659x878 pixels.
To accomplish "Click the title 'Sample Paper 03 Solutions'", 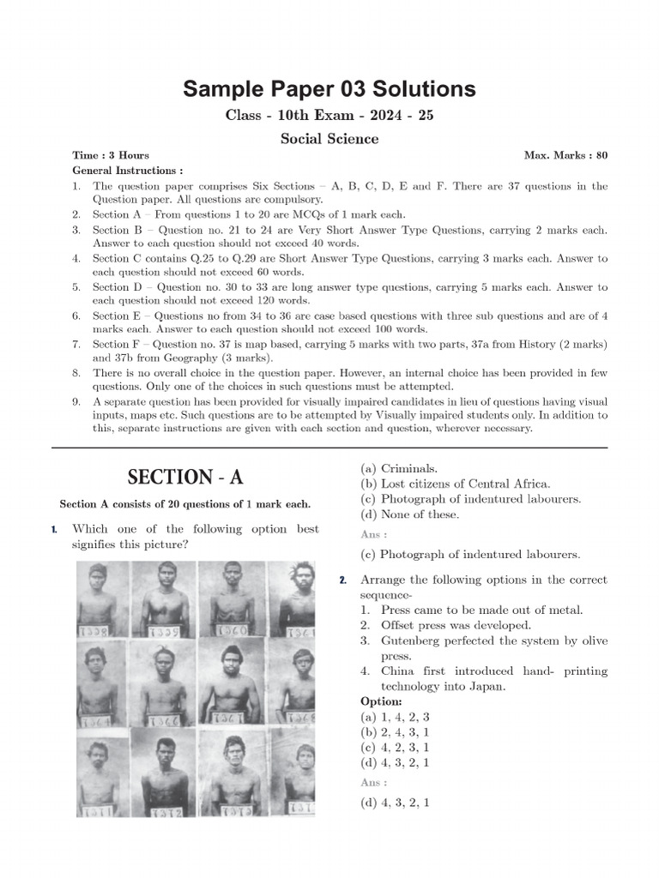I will pos(329,89).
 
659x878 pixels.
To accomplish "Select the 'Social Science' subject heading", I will pos(329,138).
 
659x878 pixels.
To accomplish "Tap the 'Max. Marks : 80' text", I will pos(565,155).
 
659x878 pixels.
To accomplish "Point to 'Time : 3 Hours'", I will pos(111,155).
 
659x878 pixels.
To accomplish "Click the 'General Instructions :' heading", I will pos(128,171).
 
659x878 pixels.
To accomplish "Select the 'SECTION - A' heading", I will pos(184,478).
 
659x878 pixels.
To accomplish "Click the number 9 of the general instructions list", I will pos(76,402).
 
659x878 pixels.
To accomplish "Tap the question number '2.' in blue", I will pos(342,580).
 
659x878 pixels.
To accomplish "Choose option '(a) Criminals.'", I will pos(399,469).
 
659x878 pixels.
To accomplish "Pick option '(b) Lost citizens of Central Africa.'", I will pos(456,484).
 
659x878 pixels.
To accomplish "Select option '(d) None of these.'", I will pos(409,514).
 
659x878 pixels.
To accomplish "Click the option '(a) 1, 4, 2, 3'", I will pos(396,717).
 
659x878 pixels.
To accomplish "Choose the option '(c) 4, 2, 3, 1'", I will pos(396,747).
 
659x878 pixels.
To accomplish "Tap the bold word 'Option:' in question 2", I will pos(381,701).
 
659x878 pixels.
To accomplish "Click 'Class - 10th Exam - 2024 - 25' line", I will pos(329,116).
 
